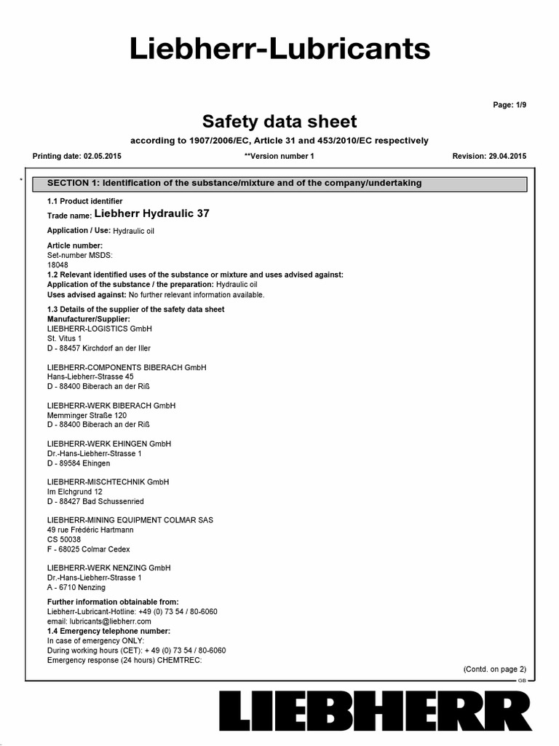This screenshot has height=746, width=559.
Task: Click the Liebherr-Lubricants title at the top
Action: tap(279, 49)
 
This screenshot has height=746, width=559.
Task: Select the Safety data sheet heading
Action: tap(279, 120)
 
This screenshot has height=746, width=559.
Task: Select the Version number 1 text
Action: tap(279, 156)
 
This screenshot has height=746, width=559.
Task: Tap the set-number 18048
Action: tap(58, 265)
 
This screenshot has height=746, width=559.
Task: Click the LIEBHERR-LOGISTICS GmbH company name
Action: tap(99, 329)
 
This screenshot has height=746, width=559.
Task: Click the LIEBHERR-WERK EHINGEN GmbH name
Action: tap(109, 444)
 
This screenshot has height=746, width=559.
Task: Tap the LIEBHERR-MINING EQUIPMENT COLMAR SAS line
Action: tap(130, 520)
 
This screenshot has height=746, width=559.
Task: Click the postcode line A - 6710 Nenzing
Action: tap(76, 587)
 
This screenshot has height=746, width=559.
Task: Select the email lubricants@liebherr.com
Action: tap(99, 621)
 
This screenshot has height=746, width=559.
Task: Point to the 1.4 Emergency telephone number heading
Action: tap(108, 631)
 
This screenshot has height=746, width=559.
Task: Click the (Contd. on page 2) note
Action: tap(494, 669)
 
